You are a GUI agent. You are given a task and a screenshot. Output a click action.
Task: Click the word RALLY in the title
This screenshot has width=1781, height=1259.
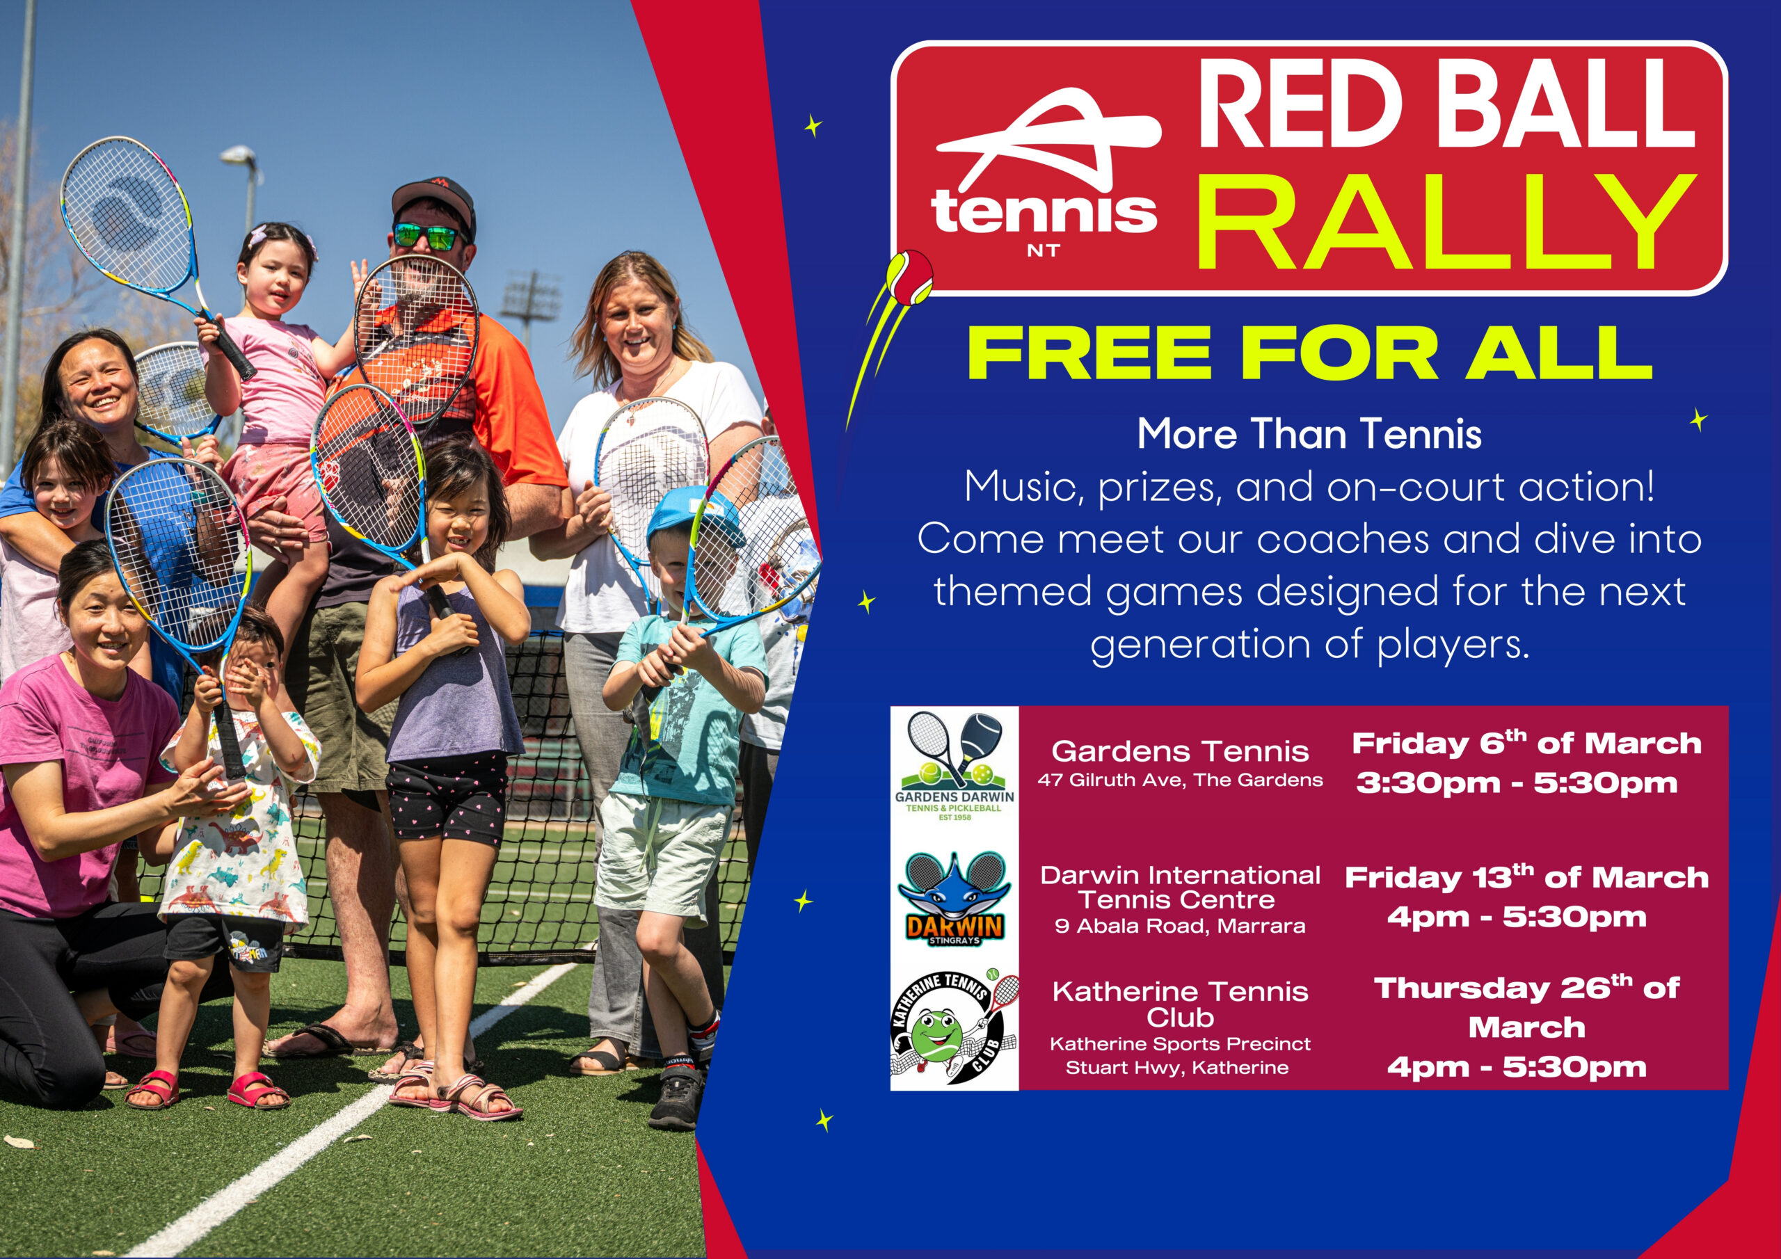[1445, 222]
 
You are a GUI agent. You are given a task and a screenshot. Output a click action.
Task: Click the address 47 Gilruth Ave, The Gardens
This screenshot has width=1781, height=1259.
[1180, 780]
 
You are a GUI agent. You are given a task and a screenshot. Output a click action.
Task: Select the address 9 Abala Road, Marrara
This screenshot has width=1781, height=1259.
[1180, 925]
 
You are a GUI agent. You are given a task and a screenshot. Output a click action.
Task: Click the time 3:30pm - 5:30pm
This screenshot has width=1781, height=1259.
[1517, 783]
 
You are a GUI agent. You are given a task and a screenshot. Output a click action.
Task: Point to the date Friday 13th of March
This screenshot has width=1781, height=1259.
[1526, 876]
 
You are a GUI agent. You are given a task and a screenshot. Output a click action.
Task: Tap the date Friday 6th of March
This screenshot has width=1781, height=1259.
[1526, 742]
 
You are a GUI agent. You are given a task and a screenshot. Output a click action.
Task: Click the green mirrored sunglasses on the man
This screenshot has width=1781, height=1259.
[427, 236]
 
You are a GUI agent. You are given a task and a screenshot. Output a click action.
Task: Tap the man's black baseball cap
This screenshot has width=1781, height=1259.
[433, 201]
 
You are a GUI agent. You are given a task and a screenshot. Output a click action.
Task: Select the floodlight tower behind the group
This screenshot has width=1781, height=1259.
[531, 307]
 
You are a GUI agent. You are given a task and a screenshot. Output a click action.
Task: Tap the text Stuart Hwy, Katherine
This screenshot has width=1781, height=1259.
[1176, 1068]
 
